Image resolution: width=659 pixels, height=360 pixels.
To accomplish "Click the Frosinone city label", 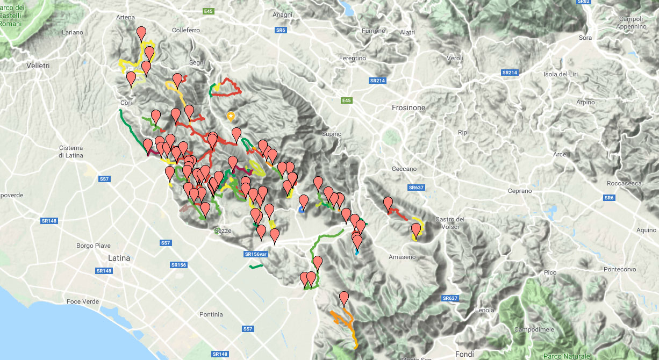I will point(408,107).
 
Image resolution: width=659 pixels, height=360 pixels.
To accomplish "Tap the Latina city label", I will point(119,258).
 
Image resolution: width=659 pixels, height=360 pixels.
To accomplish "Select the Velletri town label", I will point(38,66).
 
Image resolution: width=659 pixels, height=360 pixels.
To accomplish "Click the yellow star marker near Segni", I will point(231,116).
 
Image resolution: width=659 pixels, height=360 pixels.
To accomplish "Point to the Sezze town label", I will point(223,231).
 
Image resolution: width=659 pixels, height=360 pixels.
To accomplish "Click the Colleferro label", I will point(186,31).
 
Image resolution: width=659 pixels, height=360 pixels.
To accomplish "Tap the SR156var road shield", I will point(256,254).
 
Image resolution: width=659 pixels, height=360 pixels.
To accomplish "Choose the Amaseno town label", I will point(402,257).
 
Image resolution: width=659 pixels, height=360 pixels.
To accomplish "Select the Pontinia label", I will point(211,314).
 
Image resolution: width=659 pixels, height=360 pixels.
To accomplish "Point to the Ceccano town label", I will point(404,169).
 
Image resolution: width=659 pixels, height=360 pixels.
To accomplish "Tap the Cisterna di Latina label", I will point(71,152).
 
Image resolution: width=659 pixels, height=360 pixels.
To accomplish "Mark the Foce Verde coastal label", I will point(83,301).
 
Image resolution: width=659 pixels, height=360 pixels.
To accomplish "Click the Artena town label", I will point(125,17).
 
